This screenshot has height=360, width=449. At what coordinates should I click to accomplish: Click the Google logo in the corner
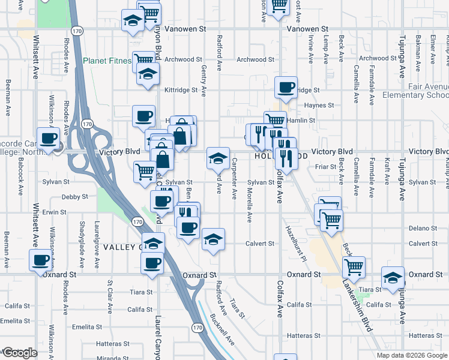pos(19,353)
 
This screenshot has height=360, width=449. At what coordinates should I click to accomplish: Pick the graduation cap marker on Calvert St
pos(213,239)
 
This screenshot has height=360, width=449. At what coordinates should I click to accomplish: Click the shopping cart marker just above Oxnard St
pos(354,265)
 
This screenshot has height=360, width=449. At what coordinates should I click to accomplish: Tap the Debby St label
pos(75,196)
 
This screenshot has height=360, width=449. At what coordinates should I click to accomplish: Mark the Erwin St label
pos(54,212)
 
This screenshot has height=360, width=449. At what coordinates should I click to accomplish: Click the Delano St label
pos(423,228)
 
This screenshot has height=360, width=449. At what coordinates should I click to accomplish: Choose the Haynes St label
pos(319,105)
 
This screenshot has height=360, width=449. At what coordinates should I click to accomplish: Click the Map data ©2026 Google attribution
pos(411,355)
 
